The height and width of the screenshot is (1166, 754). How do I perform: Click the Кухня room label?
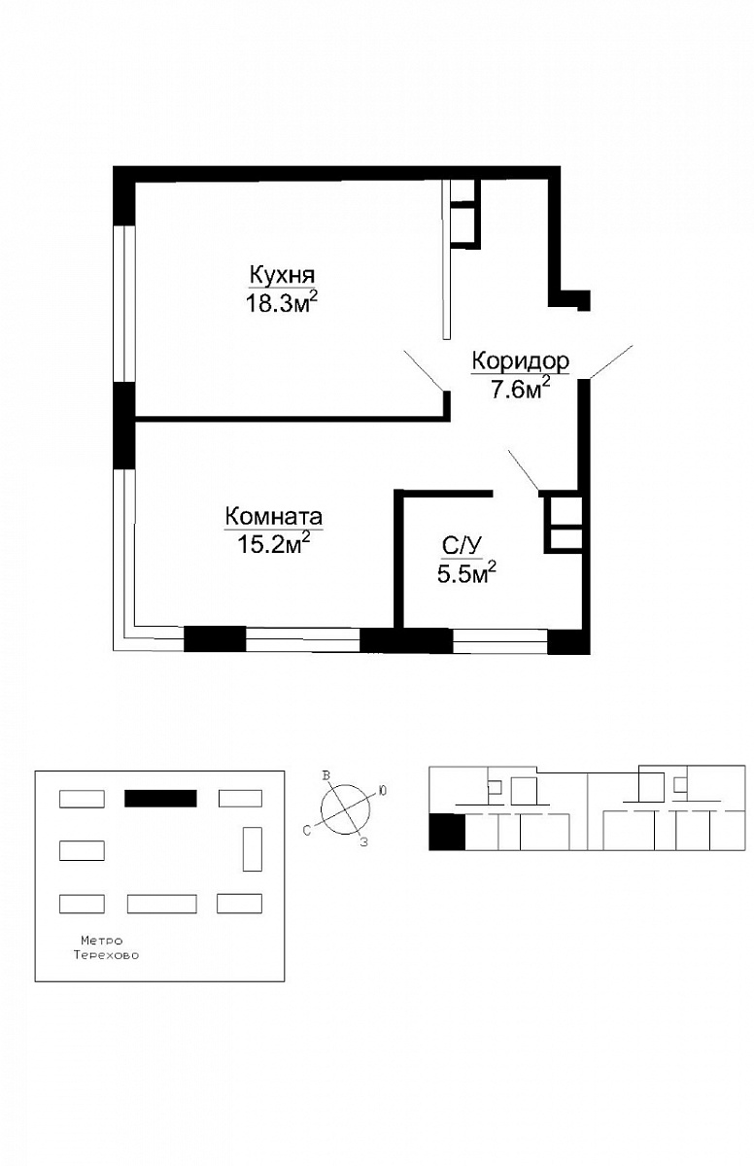pos(282,274)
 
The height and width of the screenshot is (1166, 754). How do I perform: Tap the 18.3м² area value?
pos(281,302)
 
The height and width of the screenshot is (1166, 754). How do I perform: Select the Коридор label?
pos(521,360)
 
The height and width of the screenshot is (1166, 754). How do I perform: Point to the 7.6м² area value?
pos(521,389)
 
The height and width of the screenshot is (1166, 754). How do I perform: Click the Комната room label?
pos(274,517)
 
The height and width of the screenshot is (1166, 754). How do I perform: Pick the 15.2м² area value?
pos(274,544)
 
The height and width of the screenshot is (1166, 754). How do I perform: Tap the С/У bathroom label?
pos(462,546)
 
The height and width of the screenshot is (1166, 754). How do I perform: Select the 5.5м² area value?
pos(466,574)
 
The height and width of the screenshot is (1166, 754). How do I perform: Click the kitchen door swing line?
pos(424,370)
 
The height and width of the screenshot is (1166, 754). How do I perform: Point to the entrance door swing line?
pos(611,361)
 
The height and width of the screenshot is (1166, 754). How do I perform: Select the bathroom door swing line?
pos(524,470)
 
